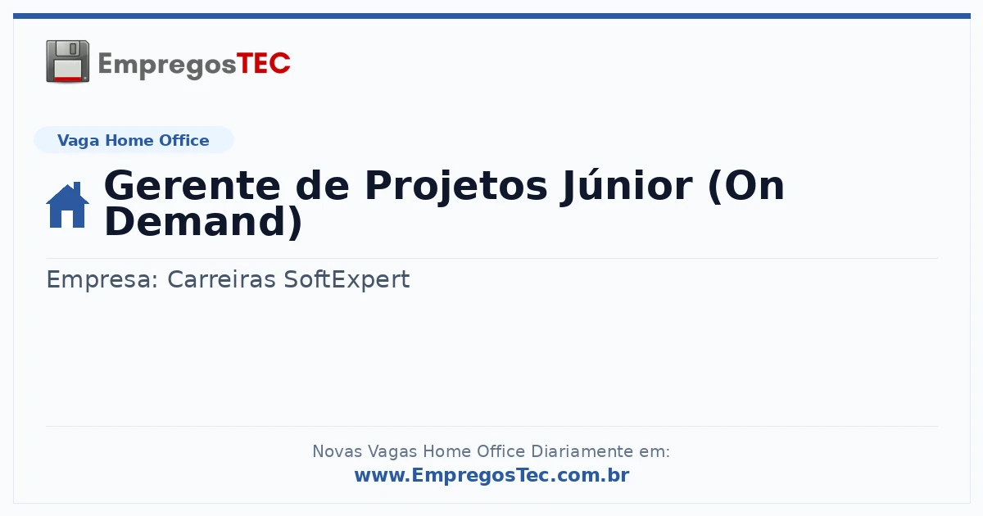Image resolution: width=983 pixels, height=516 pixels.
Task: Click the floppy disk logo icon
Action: [67, 61]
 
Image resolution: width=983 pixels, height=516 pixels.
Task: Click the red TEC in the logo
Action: [263, 64]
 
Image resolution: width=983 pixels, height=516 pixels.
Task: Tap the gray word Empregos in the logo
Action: [167, 66]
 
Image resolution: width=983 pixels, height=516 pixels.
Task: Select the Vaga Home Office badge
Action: [134, 140]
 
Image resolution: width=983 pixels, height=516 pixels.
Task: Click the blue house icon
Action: [67, 205]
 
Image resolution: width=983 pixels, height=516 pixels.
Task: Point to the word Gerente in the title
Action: [193, 186]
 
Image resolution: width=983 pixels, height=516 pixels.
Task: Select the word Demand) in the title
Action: [204, 222]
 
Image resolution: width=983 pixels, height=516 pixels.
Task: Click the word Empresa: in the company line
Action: [102, 280]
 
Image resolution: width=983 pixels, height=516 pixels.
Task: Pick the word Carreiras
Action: [222, 279]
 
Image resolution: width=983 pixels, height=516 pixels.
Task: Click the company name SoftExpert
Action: [347, 280]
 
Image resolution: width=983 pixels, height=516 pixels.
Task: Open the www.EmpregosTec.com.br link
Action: [492, 475]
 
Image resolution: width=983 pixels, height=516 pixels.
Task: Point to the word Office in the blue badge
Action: [183, 140]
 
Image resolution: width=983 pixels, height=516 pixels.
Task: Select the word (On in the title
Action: [746, 187]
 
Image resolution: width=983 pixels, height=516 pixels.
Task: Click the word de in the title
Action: [323, 186]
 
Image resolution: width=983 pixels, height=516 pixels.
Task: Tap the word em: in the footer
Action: [655, 451]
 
